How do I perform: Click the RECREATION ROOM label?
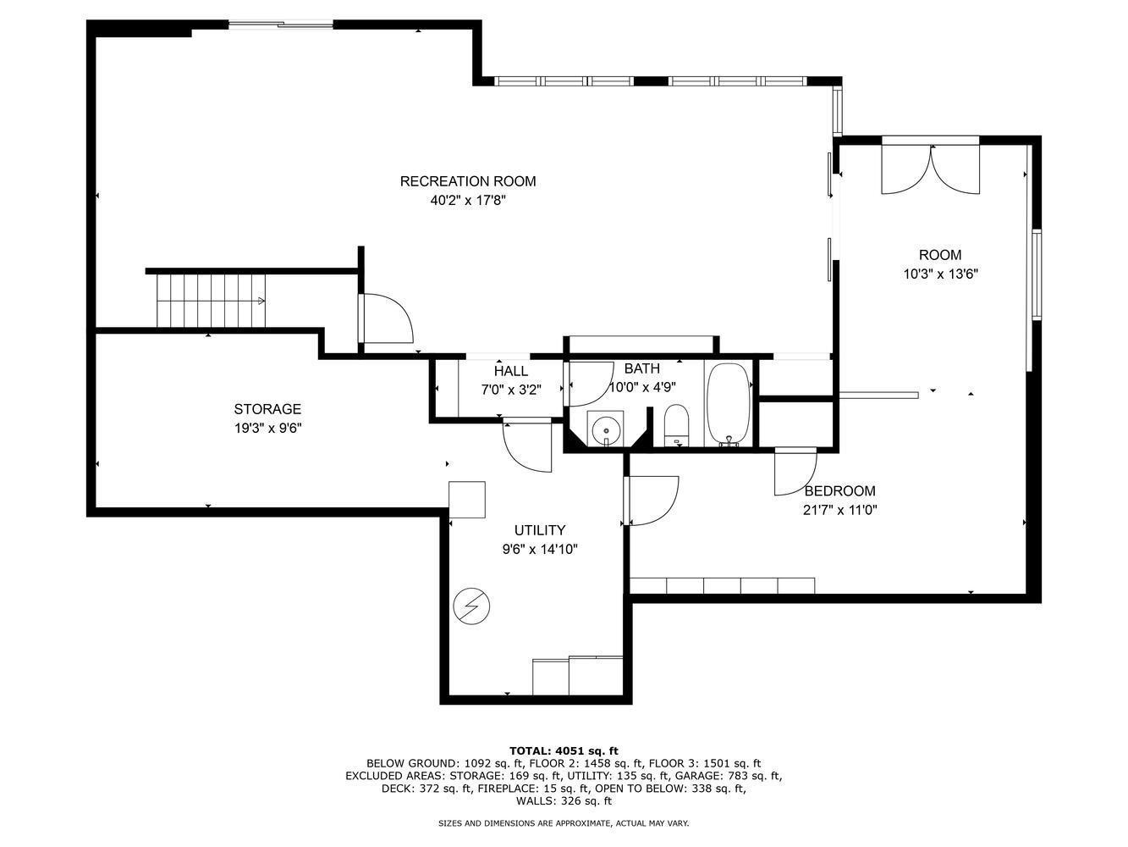click(468, 181)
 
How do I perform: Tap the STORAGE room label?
click(267, 409)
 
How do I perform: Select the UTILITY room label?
click(540, 529)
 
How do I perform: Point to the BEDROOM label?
click(839, 490)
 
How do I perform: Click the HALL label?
click(511, 371)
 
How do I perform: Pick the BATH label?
click(642, 368)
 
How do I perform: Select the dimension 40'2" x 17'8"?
click(468, 200)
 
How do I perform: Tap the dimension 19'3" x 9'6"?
click(267, 428)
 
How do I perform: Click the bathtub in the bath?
click(729, 404)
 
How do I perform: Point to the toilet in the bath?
click(676, 425)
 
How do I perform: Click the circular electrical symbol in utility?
click(471, 606)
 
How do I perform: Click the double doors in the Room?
click(931, 169)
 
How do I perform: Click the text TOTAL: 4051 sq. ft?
click(564, 750)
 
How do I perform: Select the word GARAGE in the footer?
click(694, 776)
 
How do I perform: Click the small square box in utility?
click(467, 500)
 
